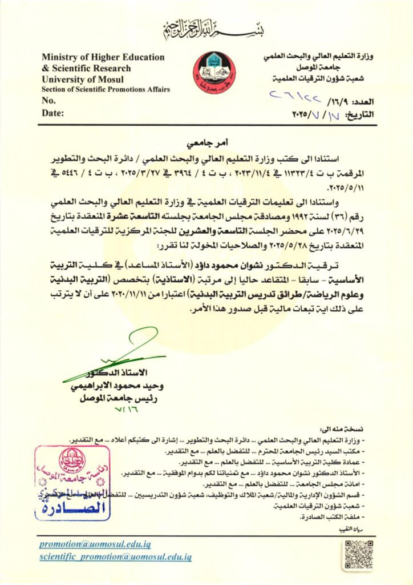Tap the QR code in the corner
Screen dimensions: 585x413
(x=358, y=553)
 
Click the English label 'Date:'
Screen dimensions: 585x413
(x=52, y=113)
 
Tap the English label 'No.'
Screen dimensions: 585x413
(x=49, y=101)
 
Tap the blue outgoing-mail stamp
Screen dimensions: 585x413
(x=72, y=483)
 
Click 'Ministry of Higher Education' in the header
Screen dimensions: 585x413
(x=103, y=57)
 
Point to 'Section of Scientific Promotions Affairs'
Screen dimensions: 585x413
(x=105, y=90)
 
